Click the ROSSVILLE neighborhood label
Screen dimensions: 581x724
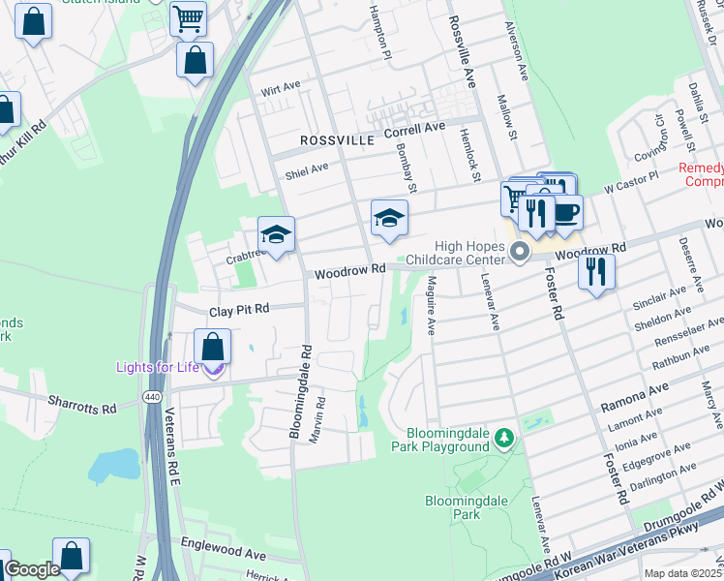(336, 140)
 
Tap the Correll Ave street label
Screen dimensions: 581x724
(413, 128)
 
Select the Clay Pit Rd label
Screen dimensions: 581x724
(239, 311)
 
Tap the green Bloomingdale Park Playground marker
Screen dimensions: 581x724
(503, 440)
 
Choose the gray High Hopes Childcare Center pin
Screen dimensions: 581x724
(520, 253)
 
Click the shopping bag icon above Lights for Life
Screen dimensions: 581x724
(212, 346)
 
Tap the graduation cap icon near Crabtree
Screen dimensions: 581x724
(276, 234)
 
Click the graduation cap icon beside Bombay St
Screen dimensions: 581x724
(389, 218)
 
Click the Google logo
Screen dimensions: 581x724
(32, 569)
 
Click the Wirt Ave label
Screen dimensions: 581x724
(280, 88)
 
